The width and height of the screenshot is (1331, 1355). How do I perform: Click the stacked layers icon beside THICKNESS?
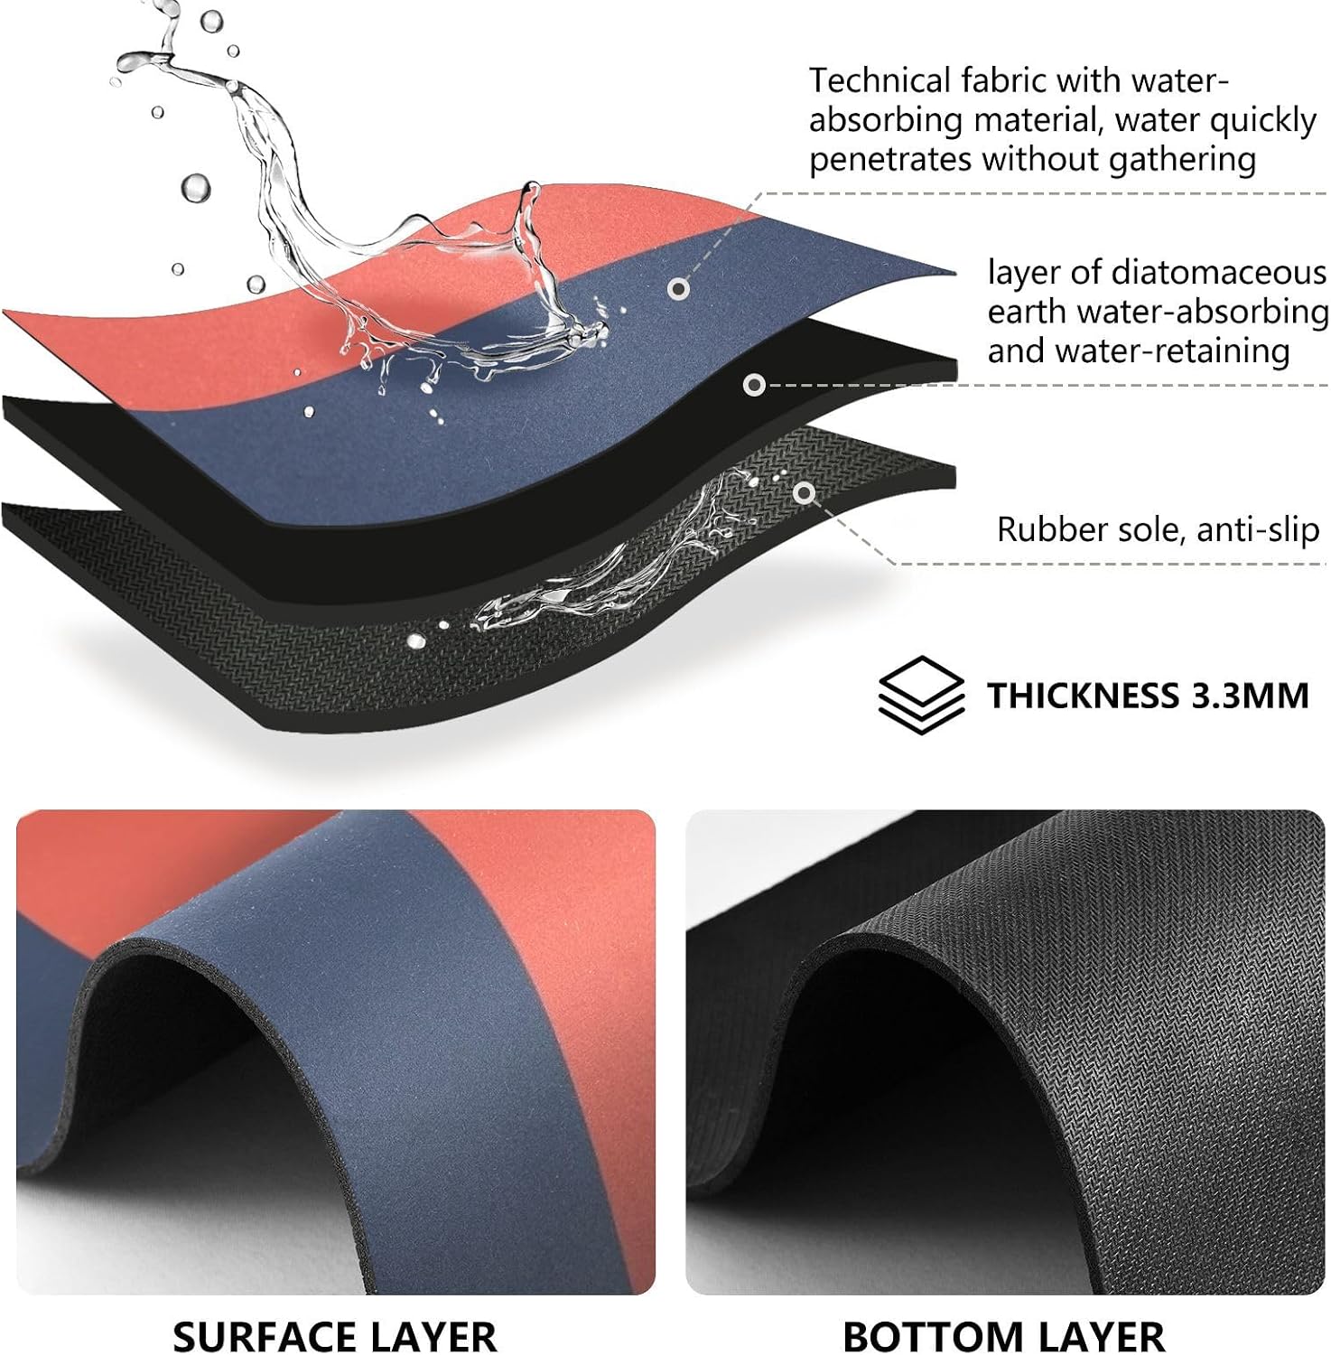pyautogui.click(x=921, y=694)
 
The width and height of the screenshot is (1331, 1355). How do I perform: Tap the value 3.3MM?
pyautogui.click(x=1250, y=696)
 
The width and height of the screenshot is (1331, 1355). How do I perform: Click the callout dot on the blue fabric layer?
pyautogui.click(x=679, y=289)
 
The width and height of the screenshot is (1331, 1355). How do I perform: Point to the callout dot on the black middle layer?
pyautogui.click(x=754, y=385)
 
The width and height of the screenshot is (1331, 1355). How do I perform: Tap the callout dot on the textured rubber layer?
pyautogui.click(x=804, y=493)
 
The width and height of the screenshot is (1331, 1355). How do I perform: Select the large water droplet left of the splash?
pyautogui.click(x=195, y=188)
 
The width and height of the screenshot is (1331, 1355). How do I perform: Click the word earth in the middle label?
pyautogui.click(x=1028, y=312)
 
